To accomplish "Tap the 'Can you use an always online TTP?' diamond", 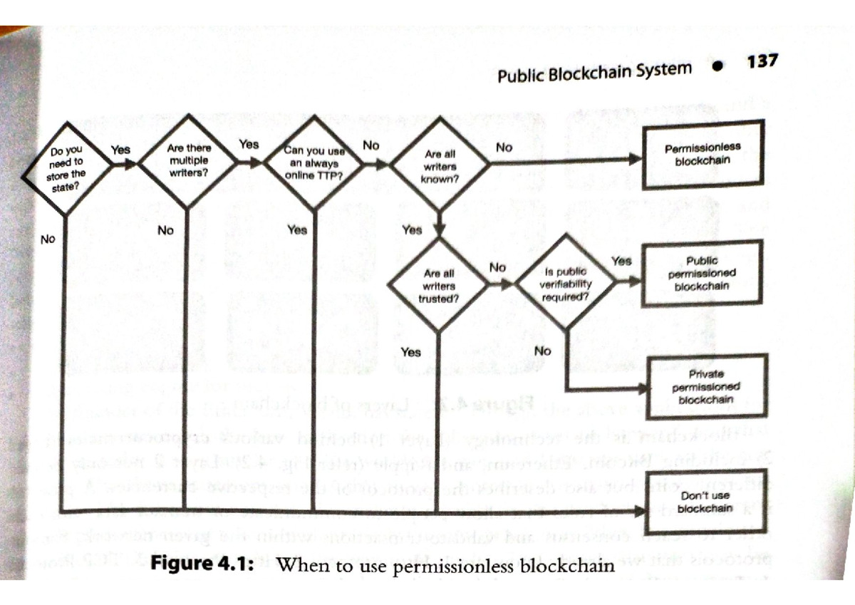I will pos(314,162).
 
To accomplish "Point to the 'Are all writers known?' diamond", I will pos(440,166).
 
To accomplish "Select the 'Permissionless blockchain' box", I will pos(703,155).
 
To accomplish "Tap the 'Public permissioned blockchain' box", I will pos(703,274).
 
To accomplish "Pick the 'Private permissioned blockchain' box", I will pos(706,386).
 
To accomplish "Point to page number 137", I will pos(762,61).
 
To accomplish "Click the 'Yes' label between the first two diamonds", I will pos(120,150).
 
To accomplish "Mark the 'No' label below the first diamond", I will pos(48,239).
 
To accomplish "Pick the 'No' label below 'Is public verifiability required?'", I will pos(543,351).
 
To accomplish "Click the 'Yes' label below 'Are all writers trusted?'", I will pos(411,352).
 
